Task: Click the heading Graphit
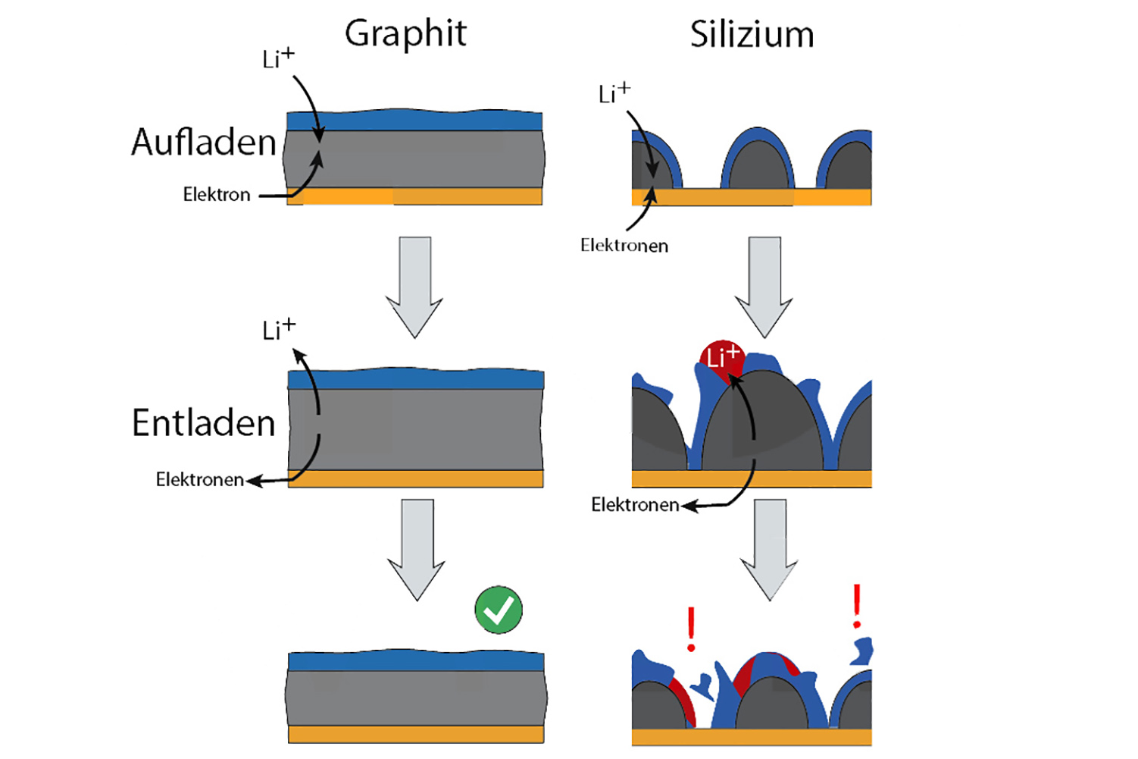(405, 34)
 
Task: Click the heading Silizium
(752, 35)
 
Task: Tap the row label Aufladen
(204, 143)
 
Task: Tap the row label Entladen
(204, 423)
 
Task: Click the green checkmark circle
(499, 610)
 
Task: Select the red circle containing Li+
(721, 358)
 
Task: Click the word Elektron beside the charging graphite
(217, 195)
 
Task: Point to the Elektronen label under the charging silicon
(624, 246)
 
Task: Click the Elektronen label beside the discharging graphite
(200, 479)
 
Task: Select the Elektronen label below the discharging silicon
(635, 505)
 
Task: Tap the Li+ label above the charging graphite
(278, 58)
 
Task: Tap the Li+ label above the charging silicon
(614, 93)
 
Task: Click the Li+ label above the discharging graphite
(278, 330)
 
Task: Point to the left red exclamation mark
(691, 629)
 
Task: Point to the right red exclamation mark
(857, 606)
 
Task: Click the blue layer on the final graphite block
(416, 661)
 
